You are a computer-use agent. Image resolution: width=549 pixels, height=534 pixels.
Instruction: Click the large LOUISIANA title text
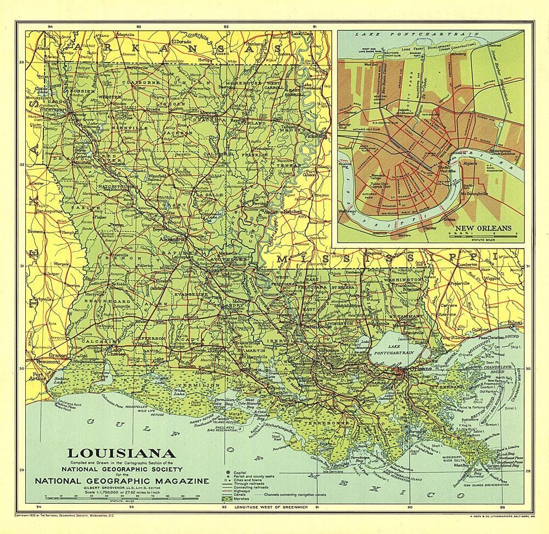121,453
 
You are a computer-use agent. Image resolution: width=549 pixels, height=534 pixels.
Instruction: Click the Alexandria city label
169,240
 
